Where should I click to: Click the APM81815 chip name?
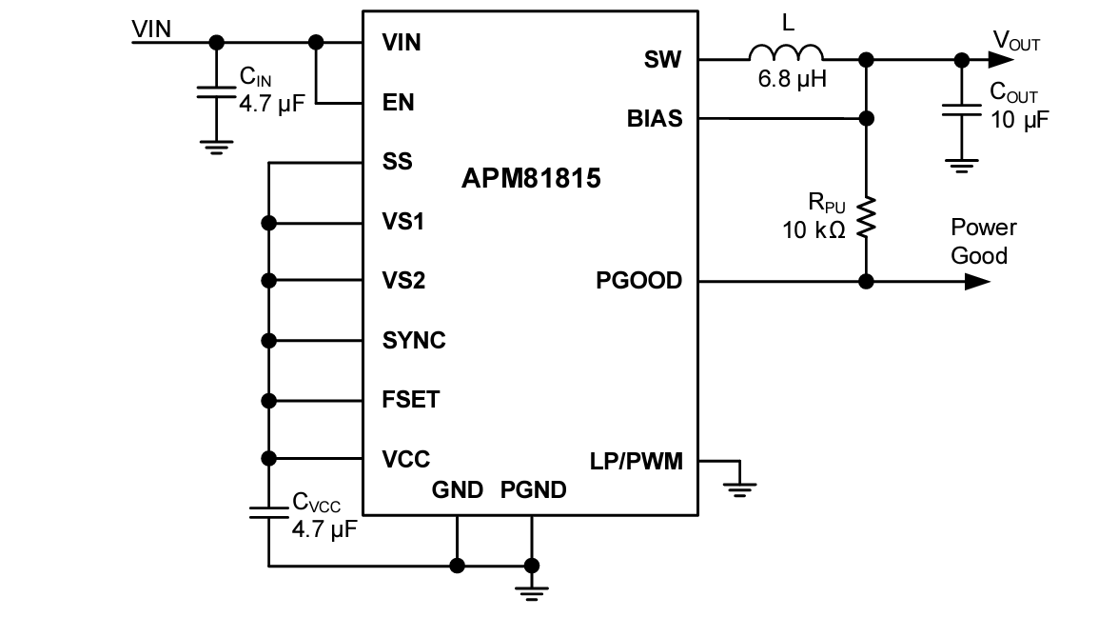[x=531, y=178]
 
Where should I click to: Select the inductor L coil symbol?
[x=786, y=53]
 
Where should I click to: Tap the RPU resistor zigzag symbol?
[x=866, y=218]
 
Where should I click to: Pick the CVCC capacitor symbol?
[x=269, y=512]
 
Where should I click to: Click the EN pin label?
[x=398, y=102]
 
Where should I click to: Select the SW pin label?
[x=662, y=59]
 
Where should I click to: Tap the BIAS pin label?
[x=654, y=119]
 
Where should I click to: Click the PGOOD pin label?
[x=638, y=281]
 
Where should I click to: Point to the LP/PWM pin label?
[x=636, y=461]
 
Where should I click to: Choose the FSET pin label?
[x=410, y=399]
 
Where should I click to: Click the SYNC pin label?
[x=413, y=340]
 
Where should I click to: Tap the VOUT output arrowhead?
[x=1000, y=59]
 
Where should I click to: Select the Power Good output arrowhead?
[x=977, y=282]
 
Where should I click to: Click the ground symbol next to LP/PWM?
[x=739, y=488]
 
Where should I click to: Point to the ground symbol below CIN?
[x=217, y=146]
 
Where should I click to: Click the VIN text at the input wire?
[x=151, y=29]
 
